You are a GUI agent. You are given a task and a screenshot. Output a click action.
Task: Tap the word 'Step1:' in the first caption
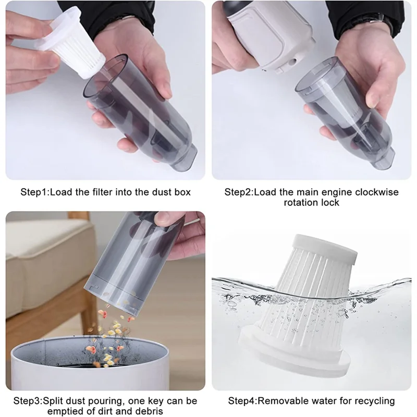pyautogui.click(x=36, y=192)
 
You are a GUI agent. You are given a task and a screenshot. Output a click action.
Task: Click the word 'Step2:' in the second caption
pyautogui.click(x=239, y=192)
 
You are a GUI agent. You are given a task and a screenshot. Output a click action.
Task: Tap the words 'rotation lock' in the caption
pyautogui.click(x=311, y=202)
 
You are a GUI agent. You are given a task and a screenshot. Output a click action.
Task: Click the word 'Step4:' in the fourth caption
pyautogui.click(x=244, y=401)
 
